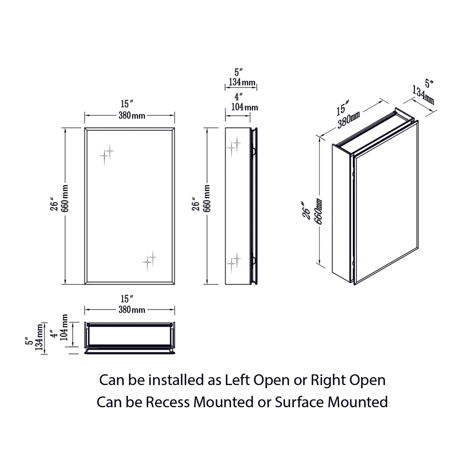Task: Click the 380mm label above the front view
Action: [x=132, y=116]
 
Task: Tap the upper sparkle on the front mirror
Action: [x=106, y=154]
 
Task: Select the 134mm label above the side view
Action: [x=242, y=82]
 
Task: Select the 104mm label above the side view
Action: [x=244, y=107]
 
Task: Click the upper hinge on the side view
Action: [x=253, y=151]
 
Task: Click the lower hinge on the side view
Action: [x=253, y=261]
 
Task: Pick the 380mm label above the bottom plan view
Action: [x=132, y=309]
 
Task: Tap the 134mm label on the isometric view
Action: [x=423, y=95]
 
